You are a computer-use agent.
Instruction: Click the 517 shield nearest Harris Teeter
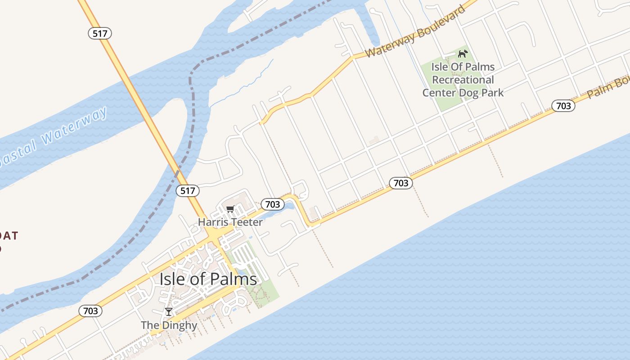(187, 190)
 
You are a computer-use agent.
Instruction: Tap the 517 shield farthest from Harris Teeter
(99, 33)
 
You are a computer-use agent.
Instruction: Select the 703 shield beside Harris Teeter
(272, 204)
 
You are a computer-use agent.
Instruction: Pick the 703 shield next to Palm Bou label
(563, 106)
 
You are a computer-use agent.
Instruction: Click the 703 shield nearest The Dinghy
(90, 310)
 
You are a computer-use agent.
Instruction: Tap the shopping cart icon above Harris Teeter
(230, 209)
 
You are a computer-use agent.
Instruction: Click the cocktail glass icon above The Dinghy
(169, 311)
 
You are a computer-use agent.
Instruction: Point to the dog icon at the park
(463, 54)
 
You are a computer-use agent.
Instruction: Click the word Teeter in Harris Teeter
(247, 222)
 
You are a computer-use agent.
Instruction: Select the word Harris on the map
(213, 222)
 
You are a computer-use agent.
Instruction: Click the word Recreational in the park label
(463, 80)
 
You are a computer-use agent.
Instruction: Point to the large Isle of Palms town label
(208, 279)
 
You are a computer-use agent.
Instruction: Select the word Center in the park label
(439, 93)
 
